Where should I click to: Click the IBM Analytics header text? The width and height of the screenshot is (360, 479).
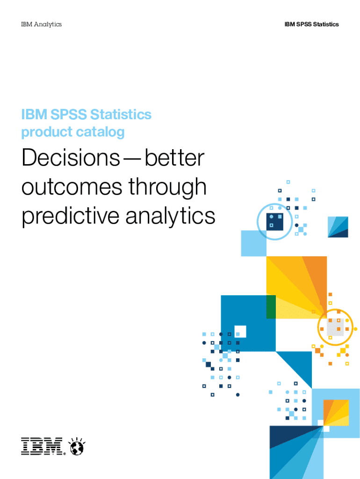[x=41, y=24]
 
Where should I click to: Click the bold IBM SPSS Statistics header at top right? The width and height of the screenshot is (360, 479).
[x=311, y=24]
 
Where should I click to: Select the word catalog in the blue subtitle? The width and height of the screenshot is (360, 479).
[x=101, y=132]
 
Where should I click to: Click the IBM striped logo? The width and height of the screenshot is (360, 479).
[x=42, y=446]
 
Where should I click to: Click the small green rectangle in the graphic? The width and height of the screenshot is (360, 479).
[x=271, y=307]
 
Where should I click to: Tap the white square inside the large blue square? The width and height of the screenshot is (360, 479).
[x=240, y=331]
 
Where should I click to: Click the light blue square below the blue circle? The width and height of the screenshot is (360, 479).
[x=253, y=244]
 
